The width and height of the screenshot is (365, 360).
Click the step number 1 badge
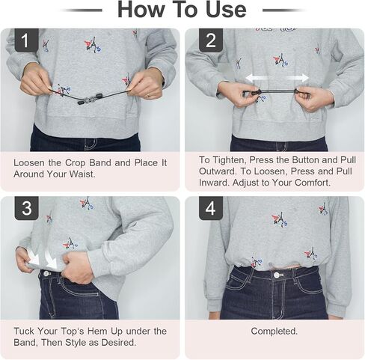[26, 40]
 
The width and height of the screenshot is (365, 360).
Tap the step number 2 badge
[211, 40]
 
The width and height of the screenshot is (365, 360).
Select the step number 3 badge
[26, 208]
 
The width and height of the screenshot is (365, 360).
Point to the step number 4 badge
[211, 208]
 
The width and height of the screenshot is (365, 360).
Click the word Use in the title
[226, 10]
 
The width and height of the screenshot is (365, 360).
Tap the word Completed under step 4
[274, 331]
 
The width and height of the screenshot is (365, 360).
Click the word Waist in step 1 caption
[82, 174]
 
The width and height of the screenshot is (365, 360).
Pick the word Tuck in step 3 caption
[24, 331]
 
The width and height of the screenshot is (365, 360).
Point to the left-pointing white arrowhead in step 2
[250, 79]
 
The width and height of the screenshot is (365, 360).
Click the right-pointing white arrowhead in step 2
[305, 78]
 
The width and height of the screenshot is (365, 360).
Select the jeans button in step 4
[277, 275]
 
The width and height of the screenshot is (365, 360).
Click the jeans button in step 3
[47, 274]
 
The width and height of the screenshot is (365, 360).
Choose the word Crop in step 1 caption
[75, 162]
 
